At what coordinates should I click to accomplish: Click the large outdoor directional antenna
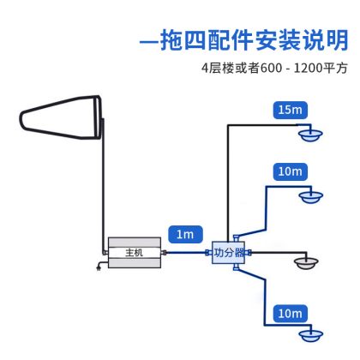[x=61, y=117]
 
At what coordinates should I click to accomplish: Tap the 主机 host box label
[x=134, y=253]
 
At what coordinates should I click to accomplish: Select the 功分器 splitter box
[x=228, y=253]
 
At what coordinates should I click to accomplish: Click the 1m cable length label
[x=185, y=235]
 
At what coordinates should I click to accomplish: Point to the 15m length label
[x=291, y=110]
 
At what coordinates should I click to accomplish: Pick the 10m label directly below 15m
[x=291, y=171]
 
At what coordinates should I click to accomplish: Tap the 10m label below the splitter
[x=291, y=314]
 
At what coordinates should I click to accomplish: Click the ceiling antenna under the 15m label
[x=310, y=135]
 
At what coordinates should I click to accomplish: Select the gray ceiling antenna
[x=306, y=263]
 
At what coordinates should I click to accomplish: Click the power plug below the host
[x=99, y=267]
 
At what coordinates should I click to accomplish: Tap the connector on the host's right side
[x=164, y=253]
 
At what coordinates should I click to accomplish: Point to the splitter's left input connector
[x=208, y=252]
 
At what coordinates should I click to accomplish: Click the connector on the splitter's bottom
[x=237, y=267]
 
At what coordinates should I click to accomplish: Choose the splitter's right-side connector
[x=248, y=253]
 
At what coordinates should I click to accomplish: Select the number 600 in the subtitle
[x=271, y=69]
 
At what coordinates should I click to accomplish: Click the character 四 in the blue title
[x=195, y=39]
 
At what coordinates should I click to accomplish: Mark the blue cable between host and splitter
[x=186, y=252]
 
